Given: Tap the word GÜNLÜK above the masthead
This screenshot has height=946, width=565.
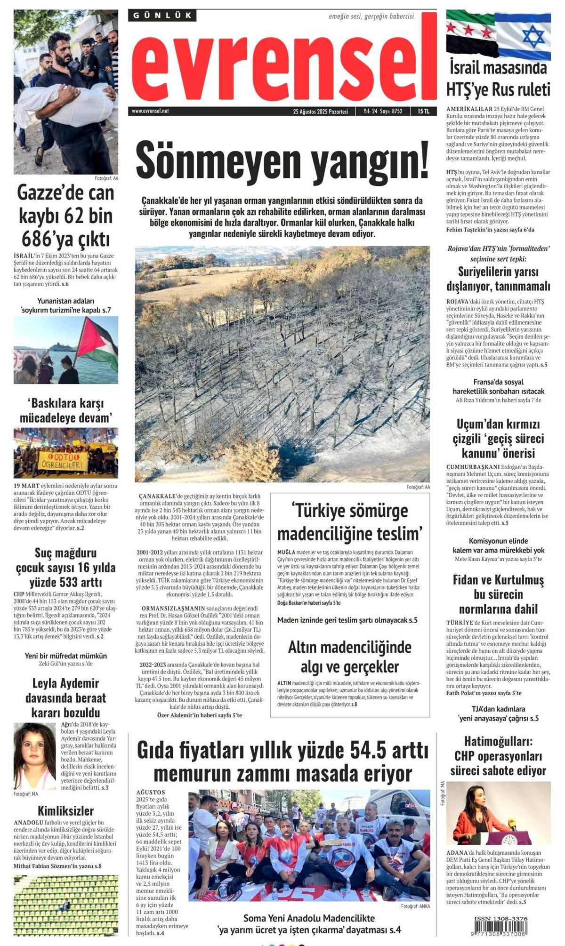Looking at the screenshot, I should (162, 16).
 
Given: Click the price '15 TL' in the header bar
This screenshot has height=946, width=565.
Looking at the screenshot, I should (423, 112).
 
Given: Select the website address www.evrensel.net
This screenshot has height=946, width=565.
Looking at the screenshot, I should (150, 111).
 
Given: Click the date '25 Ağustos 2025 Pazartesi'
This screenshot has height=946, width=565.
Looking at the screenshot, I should (320, 112).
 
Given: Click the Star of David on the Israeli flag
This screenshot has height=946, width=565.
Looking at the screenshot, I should (533, 36).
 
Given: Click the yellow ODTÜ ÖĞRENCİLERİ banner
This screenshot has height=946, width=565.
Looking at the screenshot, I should (63, 462).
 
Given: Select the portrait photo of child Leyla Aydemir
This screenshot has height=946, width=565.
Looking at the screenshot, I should (34, 756).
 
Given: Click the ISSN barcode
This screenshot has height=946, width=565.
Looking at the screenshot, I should (500, 927).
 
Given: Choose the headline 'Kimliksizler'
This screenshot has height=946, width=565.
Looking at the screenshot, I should (65, 810).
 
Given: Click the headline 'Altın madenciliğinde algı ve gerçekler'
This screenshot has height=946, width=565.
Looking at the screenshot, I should (350, 657).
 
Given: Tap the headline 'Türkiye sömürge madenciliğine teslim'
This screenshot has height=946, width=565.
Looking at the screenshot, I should (350, 522).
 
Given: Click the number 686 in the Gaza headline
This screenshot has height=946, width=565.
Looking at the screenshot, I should (39, 240).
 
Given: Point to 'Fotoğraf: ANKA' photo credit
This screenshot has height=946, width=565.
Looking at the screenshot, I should (415, 906).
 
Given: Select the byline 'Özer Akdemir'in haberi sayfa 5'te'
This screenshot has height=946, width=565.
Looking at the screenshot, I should (199, 715).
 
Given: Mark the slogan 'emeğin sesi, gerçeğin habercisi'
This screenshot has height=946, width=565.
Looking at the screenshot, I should (371, 16).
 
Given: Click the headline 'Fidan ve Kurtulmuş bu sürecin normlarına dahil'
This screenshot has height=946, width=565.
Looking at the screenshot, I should (498, 594).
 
